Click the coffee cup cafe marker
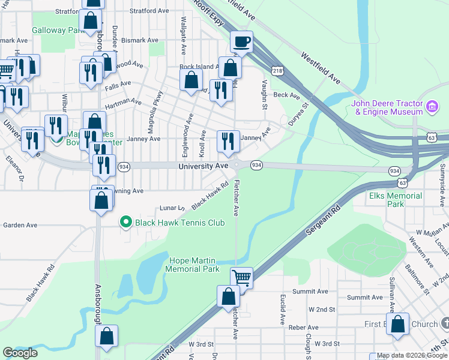point(241,42)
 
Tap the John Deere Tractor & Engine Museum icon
point(432,107)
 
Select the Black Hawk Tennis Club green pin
point(125,223)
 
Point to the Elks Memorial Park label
point(396,200)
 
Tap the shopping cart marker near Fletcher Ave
point(241,278)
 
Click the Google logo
point(20,353)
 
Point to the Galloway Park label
point(56,30)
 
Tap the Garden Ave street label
point(20,225)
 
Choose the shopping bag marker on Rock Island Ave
point(191,80)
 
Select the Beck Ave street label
point(286,95)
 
